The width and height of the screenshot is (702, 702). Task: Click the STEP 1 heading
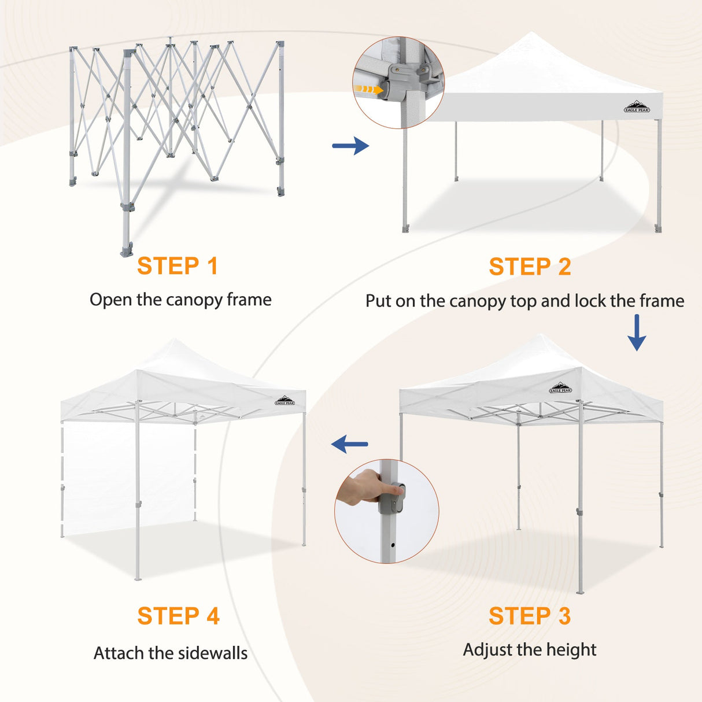click(x=178, y=266)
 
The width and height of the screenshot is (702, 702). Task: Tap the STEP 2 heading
click(x=530, y=267)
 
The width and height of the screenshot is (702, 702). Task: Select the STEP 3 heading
click(x=530, y=616)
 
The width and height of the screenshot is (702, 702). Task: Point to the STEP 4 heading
click(x=178, y=616)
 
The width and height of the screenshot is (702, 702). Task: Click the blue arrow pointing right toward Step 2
click(x=350, y=146)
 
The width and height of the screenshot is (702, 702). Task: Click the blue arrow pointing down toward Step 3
click(x=637, y=332)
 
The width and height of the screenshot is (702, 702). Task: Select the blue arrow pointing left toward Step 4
click(x=350, y=444)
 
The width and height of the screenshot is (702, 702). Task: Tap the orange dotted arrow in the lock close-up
click(x=368, y=90)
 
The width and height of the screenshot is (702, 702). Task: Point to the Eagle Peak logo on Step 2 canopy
click(x=637, y=107)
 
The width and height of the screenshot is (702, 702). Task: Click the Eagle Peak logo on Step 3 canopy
click(x=560, y=388)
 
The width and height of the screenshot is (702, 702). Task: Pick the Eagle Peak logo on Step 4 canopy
click(x=285, y=400)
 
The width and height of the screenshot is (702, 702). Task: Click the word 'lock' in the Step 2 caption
click(x=589, y=301)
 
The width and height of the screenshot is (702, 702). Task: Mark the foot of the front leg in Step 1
click(x=127, y=250)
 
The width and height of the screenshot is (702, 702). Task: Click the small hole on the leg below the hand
click(x=393, y=544)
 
